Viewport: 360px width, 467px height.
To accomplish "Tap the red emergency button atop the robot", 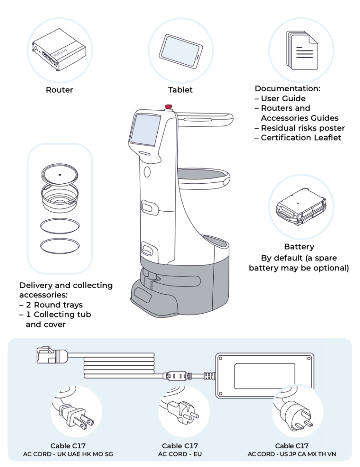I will tap(168, 107).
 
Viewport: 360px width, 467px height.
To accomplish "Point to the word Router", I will tap(59, 90).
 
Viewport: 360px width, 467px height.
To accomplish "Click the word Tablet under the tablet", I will tap(180, 90).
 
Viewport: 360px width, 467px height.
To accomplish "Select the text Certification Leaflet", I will tap(301, 137).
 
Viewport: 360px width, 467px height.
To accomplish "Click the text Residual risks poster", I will tap(303, 128).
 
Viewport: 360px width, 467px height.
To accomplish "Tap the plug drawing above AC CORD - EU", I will tap(180, 411).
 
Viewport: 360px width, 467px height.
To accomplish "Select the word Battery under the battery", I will tap(299, 247).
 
